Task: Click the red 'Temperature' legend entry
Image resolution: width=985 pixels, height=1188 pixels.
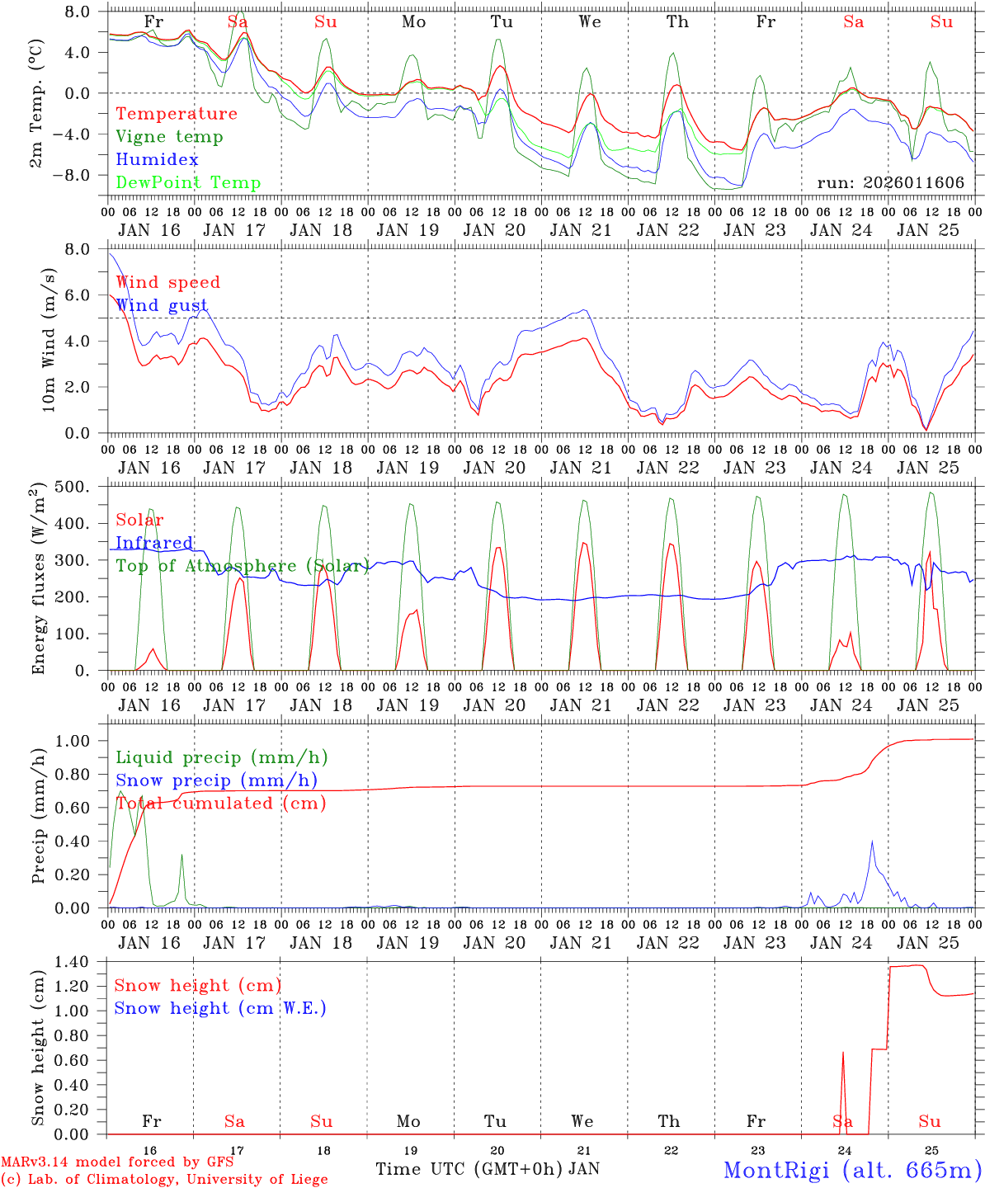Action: [177, 114]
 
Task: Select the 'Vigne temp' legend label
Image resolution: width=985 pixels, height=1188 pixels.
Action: [169, 137]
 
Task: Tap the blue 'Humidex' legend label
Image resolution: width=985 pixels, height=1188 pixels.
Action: [157, 160]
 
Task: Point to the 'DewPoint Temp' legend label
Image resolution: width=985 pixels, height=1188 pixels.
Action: [188, 183]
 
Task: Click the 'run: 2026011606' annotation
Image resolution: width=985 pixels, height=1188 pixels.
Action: [890, 182]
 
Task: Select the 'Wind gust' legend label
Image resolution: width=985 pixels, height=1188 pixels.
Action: [162, 305]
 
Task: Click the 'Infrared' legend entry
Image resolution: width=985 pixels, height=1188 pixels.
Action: [154, 543]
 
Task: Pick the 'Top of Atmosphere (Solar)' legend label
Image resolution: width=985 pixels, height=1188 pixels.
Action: [242, 566]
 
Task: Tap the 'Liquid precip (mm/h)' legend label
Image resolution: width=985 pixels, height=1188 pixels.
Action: [222, 757]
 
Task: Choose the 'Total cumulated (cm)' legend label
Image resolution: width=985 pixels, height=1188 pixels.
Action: [221, 803]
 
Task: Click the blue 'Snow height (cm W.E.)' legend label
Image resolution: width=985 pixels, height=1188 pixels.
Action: [220, 1008]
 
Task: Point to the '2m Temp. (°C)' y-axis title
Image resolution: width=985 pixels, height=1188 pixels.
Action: [36, 103]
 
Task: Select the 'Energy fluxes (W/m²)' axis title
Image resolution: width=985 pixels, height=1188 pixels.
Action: [38, 580]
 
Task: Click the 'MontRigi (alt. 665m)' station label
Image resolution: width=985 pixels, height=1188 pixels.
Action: [852, 1169]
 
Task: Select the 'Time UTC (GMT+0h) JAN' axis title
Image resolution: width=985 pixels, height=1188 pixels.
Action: [487, 1169]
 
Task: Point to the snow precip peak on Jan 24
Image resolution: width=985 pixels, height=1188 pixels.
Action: [872, 841]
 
